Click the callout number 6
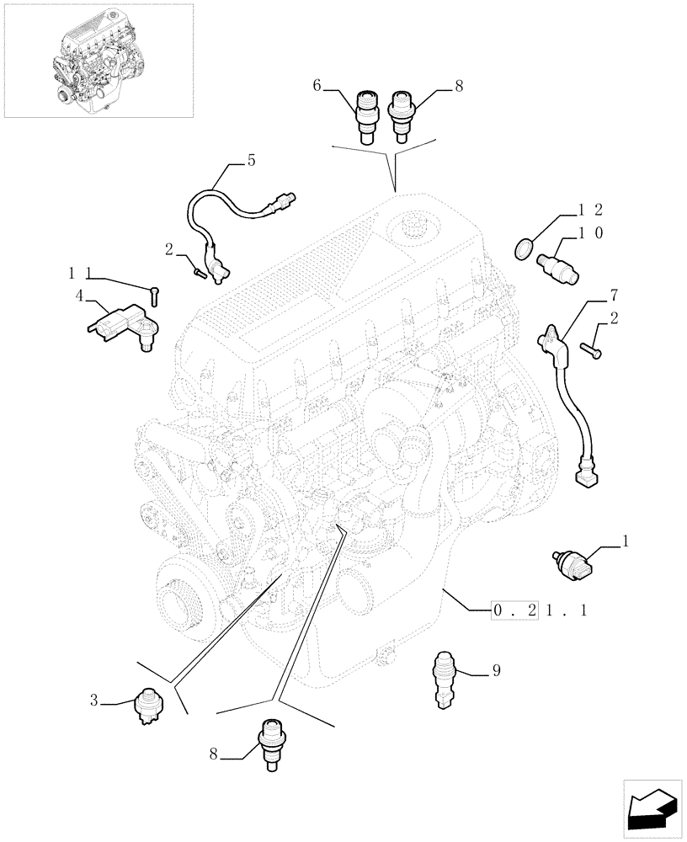[317, 85]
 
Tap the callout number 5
[251, 160]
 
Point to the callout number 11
[79, 273]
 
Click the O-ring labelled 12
[523, 248]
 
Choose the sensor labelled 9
[444, 679]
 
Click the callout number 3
[95, 699]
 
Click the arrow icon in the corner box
[652, 809]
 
